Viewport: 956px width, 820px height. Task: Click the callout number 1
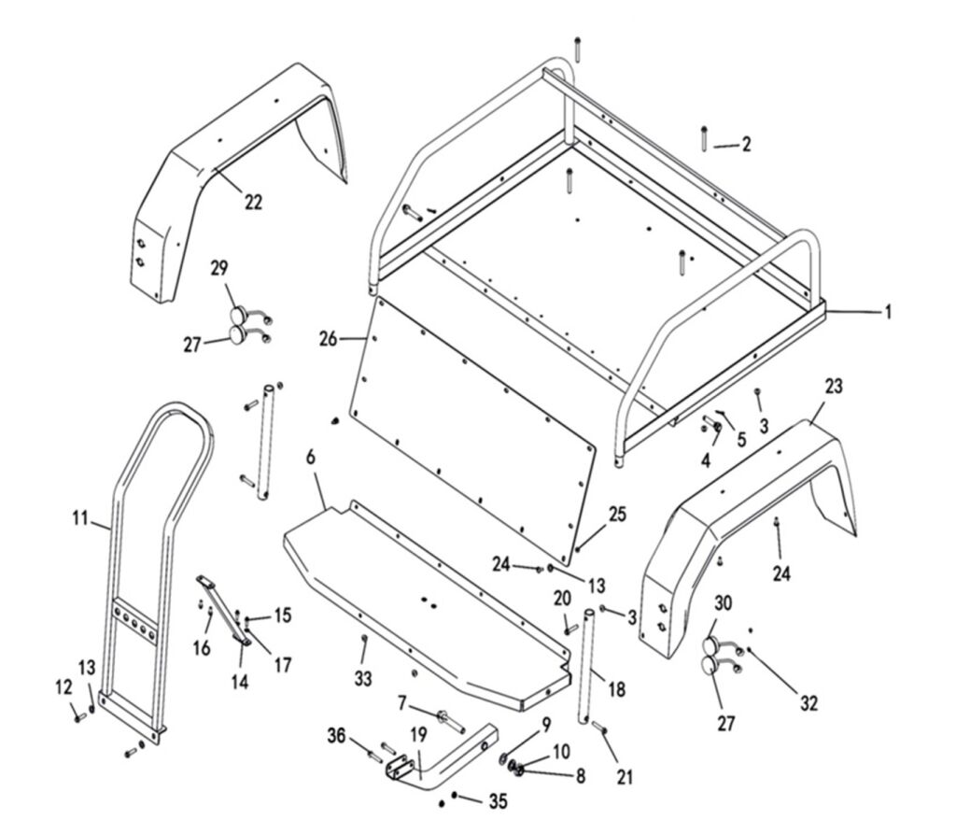[888, 312]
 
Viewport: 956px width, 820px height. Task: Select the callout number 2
[745, 145]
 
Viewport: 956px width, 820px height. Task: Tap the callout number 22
[254, 201]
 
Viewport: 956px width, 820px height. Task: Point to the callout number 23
[834, 386]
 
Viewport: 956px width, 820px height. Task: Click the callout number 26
[328, 339]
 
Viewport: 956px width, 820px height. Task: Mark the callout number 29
[219, 269]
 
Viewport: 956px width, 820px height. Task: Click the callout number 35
[498, 800]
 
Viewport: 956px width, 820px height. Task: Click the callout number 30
[724, 602]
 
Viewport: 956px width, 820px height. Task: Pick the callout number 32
[808, 703]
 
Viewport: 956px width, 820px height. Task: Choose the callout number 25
[618, 516]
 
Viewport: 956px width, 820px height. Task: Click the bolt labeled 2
[702, 136]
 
